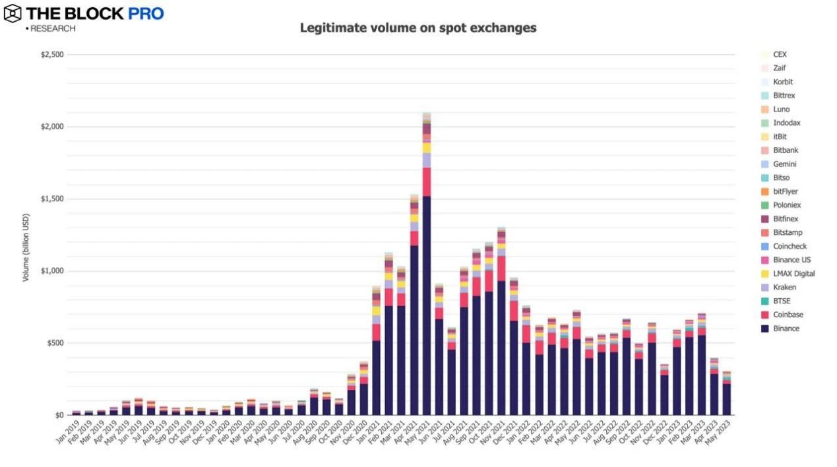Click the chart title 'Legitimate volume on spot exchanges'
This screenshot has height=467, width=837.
(x=418, y=28)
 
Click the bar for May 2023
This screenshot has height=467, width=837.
(x=726, y=396)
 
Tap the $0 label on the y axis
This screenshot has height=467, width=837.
(x=59, y=416)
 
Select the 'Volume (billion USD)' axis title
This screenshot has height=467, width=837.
(x=26, y=247)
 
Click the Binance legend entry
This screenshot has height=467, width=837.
(x=786, y=328)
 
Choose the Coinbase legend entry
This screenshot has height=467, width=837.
(x=788, y=315)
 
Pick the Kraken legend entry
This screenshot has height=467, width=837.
(x=784, y=288)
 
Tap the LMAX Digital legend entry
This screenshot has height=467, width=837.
(x=793, y=274)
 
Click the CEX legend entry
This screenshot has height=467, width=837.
(x=780, y=55)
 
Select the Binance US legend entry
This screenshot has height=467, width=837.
(x=790, y=260)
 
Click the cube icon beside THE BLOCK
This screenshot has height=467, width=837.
(x=12, y=13)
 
